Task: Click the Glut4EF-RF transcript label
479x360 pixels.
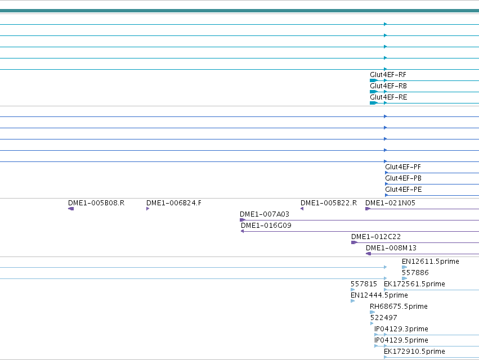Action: tap(388, 75)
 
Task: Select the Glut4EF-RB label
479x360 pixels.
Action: tap(388, 86)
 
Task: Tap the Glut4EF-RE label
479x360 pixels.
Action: tap(388, 97)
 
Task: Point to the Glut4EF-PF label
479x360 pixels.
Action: tap(403, 167)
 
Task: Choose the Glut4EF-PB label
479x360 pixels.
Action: tap(403, 178)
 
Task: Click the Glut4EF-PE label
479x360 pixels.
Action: tap(404, 190)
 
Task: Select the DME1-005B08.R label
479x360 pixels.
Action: tap(96, 203)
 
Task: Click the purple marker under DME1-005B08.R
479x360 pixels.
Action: tap(71, 209)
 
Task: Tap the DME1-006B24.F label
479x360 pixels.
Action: tap(174, 203)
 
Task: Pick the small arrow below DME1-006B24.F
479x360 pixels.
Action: tap(148, 209)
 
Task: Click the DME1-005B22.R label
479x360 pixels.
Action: tap(329, 203)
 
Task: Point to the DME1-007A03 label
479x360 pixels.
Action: tap(265, 214)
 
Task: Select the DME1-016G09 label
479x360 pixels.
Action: tap(266, 226)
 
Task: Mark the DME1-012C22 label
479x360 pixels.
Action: tap(376, 237)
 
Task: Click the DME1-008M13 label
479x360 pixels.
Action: tap(391, 248)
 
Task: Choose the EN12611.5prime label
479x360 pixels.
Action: tap(431, 262)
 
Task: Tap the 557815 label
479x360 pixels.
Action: tap(364, 284)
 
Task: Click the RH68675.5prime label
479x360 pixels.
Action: tap(399, 307)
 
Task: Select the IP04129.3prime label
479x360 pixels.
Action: tap(401, 329)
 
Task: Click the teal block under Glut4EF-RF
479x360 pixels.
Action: tap(373, 80)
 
